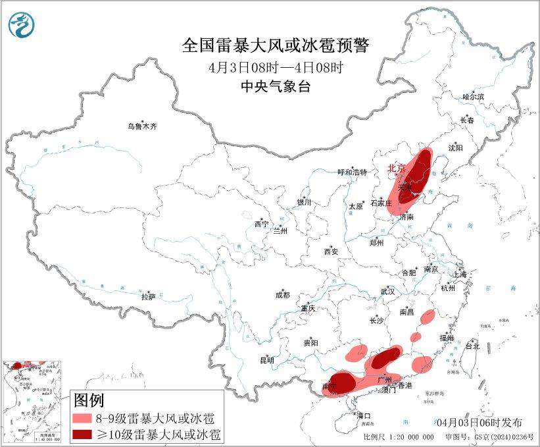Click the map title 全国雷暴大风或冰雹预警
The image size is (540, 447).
[x=276, y=45]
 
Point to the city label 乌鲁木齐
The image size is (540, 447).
[x=143, y=126]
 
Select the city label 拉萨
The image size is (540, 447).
[x=148, y=297]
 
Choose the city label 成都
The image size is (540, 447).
[x=283, y=296]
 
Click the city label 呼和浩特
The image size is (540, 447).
[x=354, y=172]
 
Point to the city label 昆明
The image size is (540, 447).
[x=266, y=360]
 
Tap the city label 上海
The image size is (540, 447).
[x=458, y=274]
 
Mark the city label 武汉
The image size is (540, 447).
[x=387, y=291]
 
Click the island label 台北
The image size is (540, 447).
[x=472, y=345]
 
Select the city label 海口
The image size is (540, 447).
[x=364, y=415]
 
